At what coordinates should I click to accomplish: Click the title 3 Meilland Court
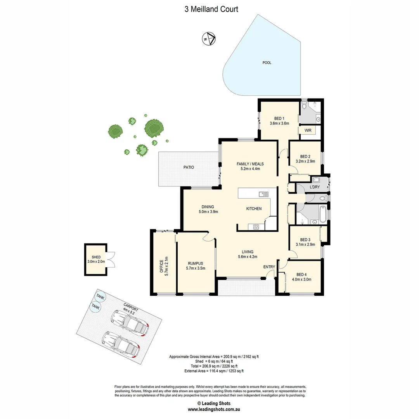[x=211, y=9]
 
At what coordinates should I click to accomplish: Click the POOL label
[x=267, y=62]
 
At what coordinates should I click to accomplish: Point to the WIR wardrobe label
[x=308, y=130]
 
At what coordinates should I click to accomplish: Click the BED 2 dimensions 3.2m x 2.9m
[x=305, y=161]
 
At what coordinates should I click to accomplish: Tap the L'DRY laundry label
[x=315, y=187]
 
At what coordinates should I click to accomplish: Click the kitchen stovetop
[x=256, y=227]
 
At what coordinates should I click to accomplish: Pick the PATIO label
[x=189, y=168]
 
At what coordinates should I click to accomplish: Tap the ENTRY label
[x=269, y=267]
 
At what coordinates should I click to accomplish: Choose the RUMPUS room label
[x=196, y=263]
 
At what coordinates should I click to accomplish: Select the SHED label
[x=96, y=257]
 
